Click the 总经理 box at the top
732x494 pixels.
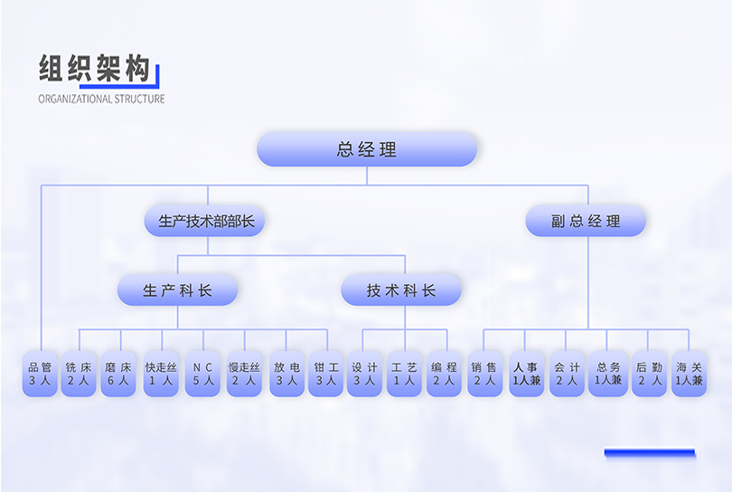(367, 149)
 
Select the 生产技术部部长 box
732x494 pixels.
(207, 220)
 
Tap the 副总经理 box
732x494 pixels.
(586, 221)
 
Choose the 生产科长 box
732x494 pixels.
(178, 290)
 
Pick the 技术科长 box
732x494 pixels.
(401, 290)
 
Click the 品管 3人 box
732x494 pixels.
(40, 374)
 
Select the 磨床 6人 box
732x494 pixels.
(118, 374)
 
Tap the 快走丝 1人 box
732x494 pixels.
(161, 374)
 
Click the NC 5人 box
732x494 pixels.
(203, 374)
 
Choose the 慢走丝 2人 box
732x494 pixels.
(244, 374)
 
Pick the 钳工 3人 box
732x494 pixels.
(325, 374)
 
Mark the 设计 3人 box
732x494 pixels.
(364, 374)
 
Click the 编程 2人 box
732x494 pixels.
(444, 374)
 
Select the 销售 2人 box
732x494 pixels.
(484, 374)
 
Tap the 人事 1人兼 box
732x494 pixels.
(526, 374)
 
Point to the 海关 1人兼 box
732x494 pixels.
(689, 374)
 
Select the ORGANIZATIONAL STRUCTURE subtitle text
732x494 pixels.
(101, 99)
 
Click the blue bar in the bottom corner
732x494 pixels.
(649, 452)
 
